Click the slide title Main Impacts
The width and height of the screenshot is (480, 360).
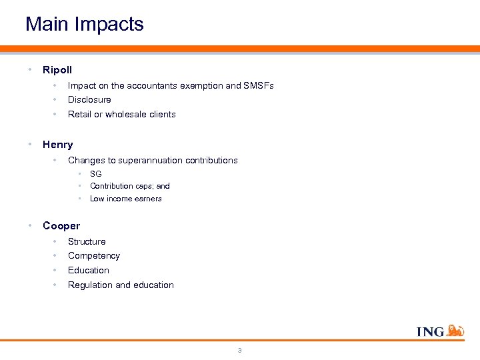(x=85, y=25)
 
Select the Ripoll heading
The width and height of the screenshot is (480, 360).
(x=57, y=69)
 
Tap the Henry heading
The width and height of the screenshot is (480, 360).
(x=58, y=144)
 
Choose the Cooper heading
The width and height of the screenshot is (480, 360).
(x=61, y=225)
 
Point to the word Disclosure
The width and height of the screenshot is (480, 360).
(x=89, y=100)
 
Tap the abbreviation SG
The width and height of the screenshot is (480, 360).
(x=96, y=173)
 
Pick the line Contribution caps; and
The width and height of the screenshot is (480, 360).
(x=130, y=186)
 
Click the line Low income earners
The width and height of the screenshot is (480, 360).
(x=126, y=199)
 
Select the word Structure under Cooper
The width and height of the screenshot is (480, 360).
(x=87, y=241)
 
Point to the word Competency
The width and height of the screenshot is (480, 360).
(x=94, y=256)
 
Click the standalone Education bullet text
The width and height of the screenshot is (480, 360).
(x=89, y=270)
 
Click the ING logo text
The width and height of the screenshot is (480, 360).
(x=430, y=331)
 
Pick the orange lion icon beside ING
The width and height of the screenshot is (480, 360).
(x=455, y=330)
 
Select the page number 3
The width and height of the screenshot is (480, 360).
(x=240, y=350)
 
